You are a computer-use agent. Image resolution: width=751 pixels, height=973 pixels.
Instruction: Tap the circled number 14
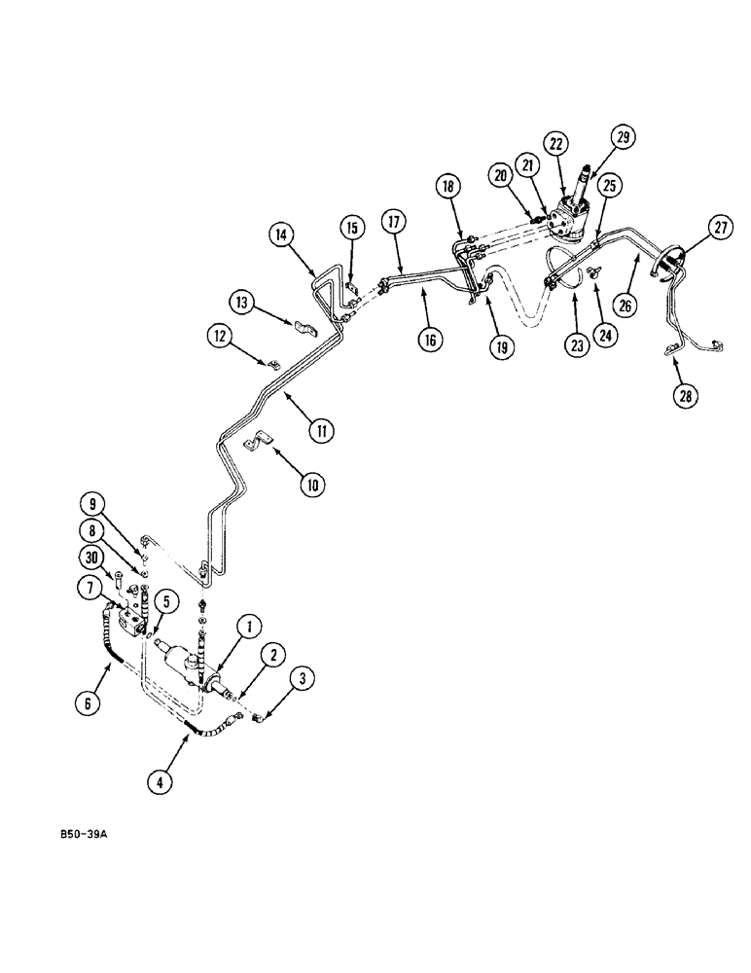pyautogui.click(x=281, y=234)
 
